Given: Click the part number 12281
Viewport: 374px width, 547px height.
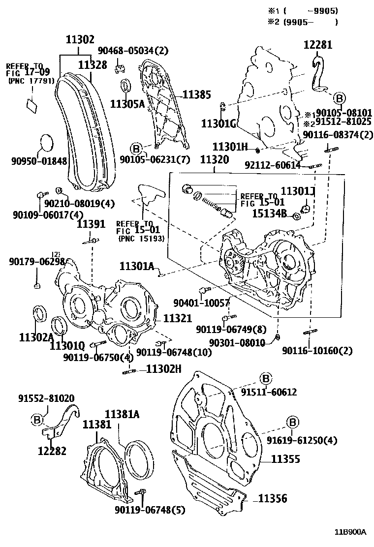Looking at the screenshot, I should [x=317, y=45].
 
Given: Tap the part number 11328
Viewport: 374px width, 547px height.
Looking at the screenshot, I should [x=93, y=64].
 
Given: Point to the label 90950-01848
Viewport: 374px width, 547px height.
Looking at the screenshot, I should [x=39, y=161].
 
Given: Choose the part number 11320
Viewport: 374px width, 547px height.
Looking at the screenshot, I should [x=214, y=160].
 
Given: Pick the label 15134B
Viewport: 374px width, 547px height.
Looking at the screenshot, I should [x=269, y=213].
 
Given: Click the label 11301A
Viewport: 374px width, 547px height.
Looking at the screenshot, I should [x=137, y=266].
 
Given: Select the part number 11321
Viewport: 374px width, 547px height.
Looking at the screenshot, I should [x=177, y=319].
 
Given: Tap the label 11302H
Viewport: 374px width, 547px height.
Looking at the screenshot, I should [x=164, y=369].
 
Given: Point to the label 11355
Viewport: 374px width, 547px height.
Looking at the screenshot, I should [x=285, y=458].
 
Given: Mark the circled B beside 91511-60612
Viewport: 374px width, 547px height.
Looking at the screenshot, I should [x=265, y=378].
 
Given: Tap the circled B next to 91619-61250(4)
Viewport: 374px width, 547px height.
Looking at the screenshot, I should [x=292, y=422].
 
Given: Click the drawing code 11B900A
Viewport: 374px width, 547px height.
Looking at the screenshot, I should [x=351, y=532].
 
